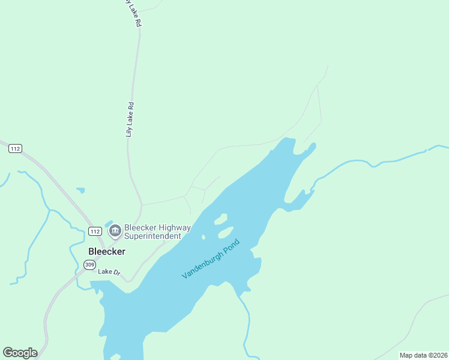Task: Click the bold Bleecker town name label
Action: point(107,251)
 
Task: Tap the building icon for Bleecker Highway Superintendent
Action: point(115,229)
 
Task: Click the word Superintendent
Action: point(152,236)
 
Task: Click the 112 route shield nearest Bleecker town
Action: point(95,231)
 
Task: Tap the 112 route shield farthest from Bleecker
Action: point(16,149)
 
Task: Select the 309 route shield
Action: point(89,265)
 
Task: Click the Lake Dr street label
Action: point(110,272)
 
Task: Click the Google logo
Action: point(20,353)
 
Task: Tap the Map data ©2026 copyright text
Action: point(423,355)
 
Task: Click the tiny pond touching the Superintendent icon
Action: point(109,224)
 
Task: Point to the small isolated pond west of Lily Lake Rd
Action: point(80,191)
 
